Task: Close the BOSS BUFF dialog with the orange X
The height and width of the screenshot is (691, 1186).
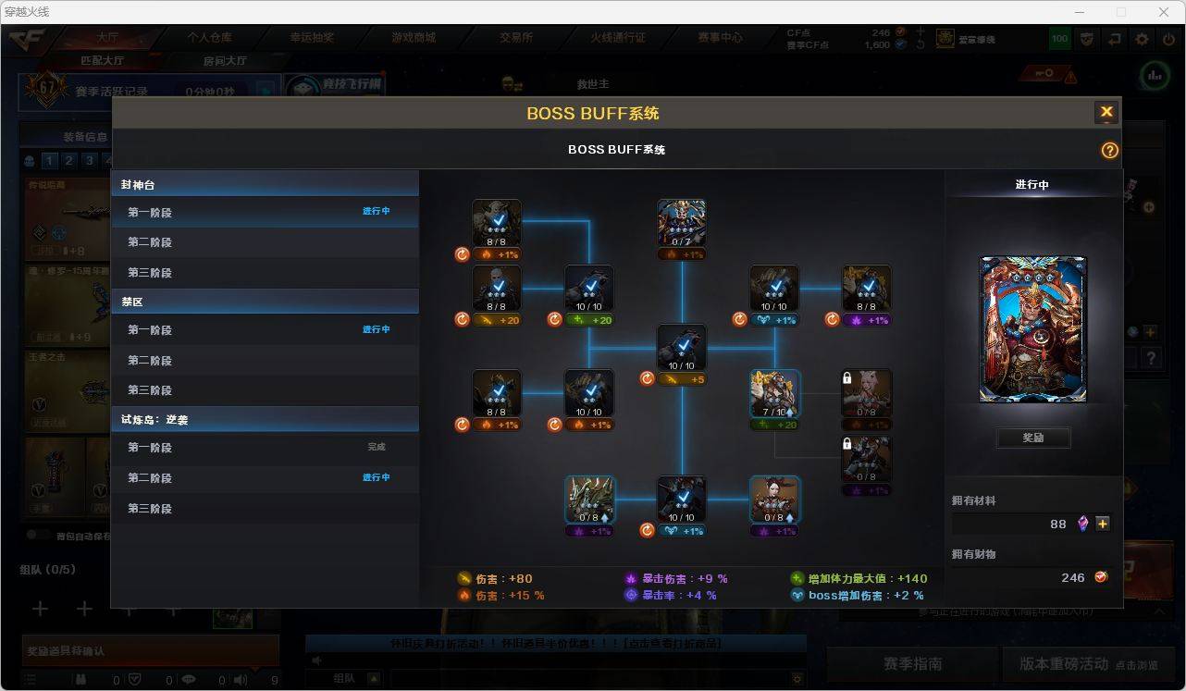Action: coord(1106,113)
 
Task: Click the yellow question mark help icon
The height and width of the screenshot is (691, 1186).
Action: coord(1109,150)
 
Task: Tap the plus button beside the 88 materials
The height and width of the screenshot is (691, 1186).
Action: coord(1103,524)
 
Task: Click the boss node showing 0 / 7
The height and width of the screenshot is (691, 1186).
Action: coord(682,223)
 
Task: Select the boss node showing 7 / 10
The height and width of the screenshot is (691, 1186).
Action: coord(774,393)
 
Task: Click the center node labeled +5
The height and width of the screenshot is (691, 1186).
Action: coord(682,348)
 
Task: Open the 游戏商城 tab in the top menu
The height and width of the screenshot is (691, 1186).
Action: coord(413,38)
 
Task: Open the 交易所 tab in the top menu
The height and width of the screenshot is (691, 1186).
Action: coord(516,38)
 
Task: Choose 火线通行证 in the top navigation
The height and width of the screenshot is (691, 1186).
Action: coord(618,38)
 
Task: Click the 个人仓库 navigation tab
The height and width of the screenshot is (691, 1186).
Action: coord(210,38)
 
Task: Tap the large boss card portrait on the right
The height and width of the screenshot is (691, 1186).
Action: coord(1033,330)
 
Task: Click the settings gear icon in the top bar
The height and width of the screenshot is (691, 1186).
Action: coord(1142,39)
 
